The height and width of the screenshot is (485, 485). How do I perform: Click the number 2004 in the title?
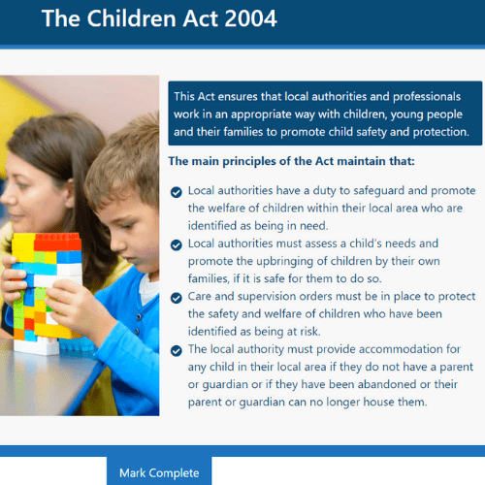pyautogui.click(x=250, y=18)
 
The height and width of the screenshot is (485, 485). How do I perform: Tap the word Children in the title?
pyautogui.click(x=132, y=18)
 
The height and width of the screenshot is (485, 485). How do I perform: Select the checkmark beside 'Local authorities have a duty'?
pyautogui.click(x=177, y=192)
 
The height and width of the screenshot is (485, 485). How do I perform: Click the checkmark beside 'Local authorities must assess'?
pyautogui.click(x=177, y=244)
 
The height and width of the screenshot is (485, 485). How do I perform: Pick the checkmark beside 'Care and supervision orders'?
pyautogui.click(x=177, y=298)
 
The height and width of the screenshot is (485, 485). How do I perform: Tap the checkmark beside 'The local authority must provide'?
pyautogui.click(x=177, y=350)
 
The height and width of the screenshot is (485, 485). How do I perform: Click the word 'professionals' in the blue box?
pyautogui.click(x=427, y=97)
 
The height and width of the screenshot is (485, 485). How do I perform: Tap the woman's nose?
pyautogui.click(x=6, y=198)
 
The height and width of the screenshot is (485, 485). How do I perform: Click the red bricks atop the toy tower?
pyautogui.click(x=57, y=242)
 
